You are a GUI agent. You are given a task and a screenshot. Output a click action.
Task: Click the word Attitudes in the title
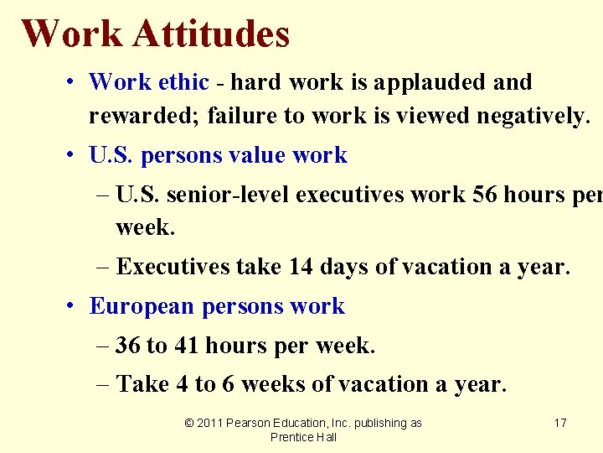(210, 34)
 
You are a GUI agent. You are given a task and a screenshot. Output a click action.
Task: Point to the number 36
(128, 345)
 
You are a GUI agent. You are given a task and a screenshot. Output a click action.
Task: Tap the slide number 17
(560, 423)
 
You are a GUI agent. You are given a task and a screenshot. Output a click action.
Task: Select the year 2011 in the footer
(210, 423)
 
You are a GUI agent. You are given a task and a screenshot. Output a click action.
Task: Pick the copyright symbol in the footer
(188, 423)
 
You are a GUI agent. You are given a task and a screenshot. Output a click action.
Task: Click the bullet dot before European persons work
(74, 306)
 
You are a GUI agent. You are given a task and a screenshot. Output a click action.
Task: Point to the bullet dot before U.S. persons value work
(74, 156)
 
